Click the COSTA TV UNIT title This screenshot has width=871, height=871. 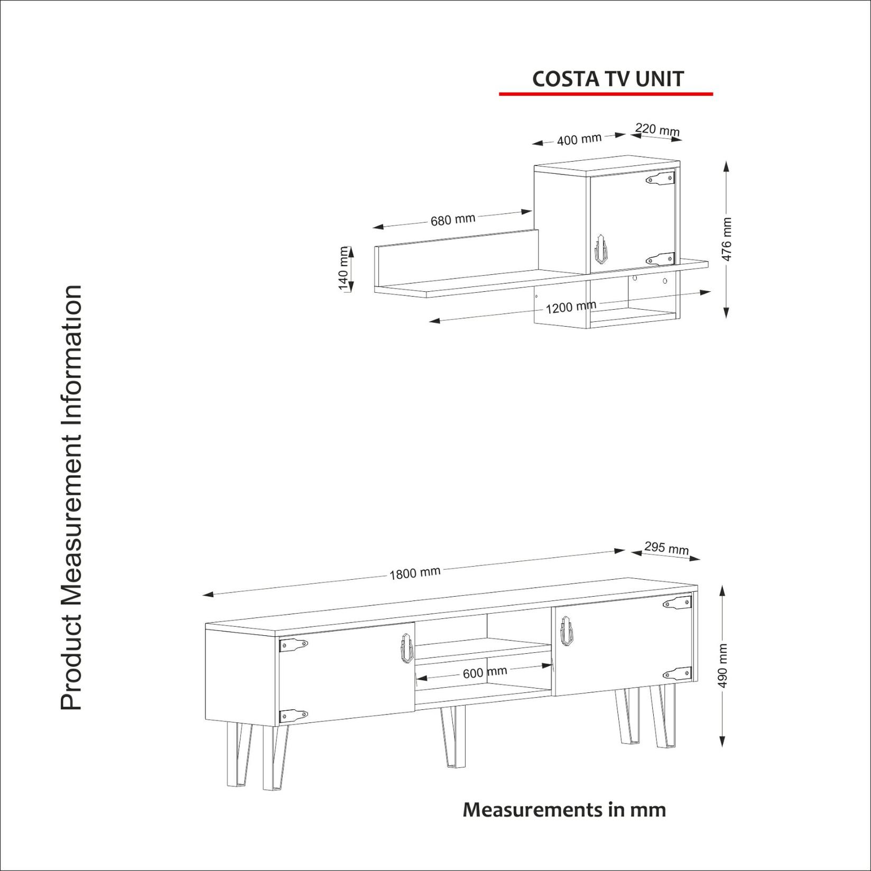click(607, 79)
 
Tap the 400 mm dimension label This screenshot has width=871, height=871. click(579, 140)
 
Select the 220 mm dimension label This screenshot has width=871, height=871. click(657, 129)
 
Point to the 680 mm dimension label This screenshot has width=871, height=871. click(452, 219)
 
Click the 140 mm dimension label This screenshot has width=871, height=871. click(344, 268)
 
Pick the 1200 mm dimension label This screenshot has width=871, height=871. click(570, 307)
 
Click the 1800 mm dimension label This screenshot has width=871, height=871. click(415, 573)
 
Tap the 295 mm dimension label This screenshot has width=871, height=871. click(666, 548)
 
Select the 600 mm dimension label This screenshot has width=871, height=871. click(485, 672)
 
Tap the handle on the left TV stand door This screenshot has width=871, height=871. click(405, 648)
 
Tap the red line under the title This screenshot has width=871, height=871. click(606, 94)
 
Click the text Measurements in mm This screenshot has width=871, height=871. click(564, 809)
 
